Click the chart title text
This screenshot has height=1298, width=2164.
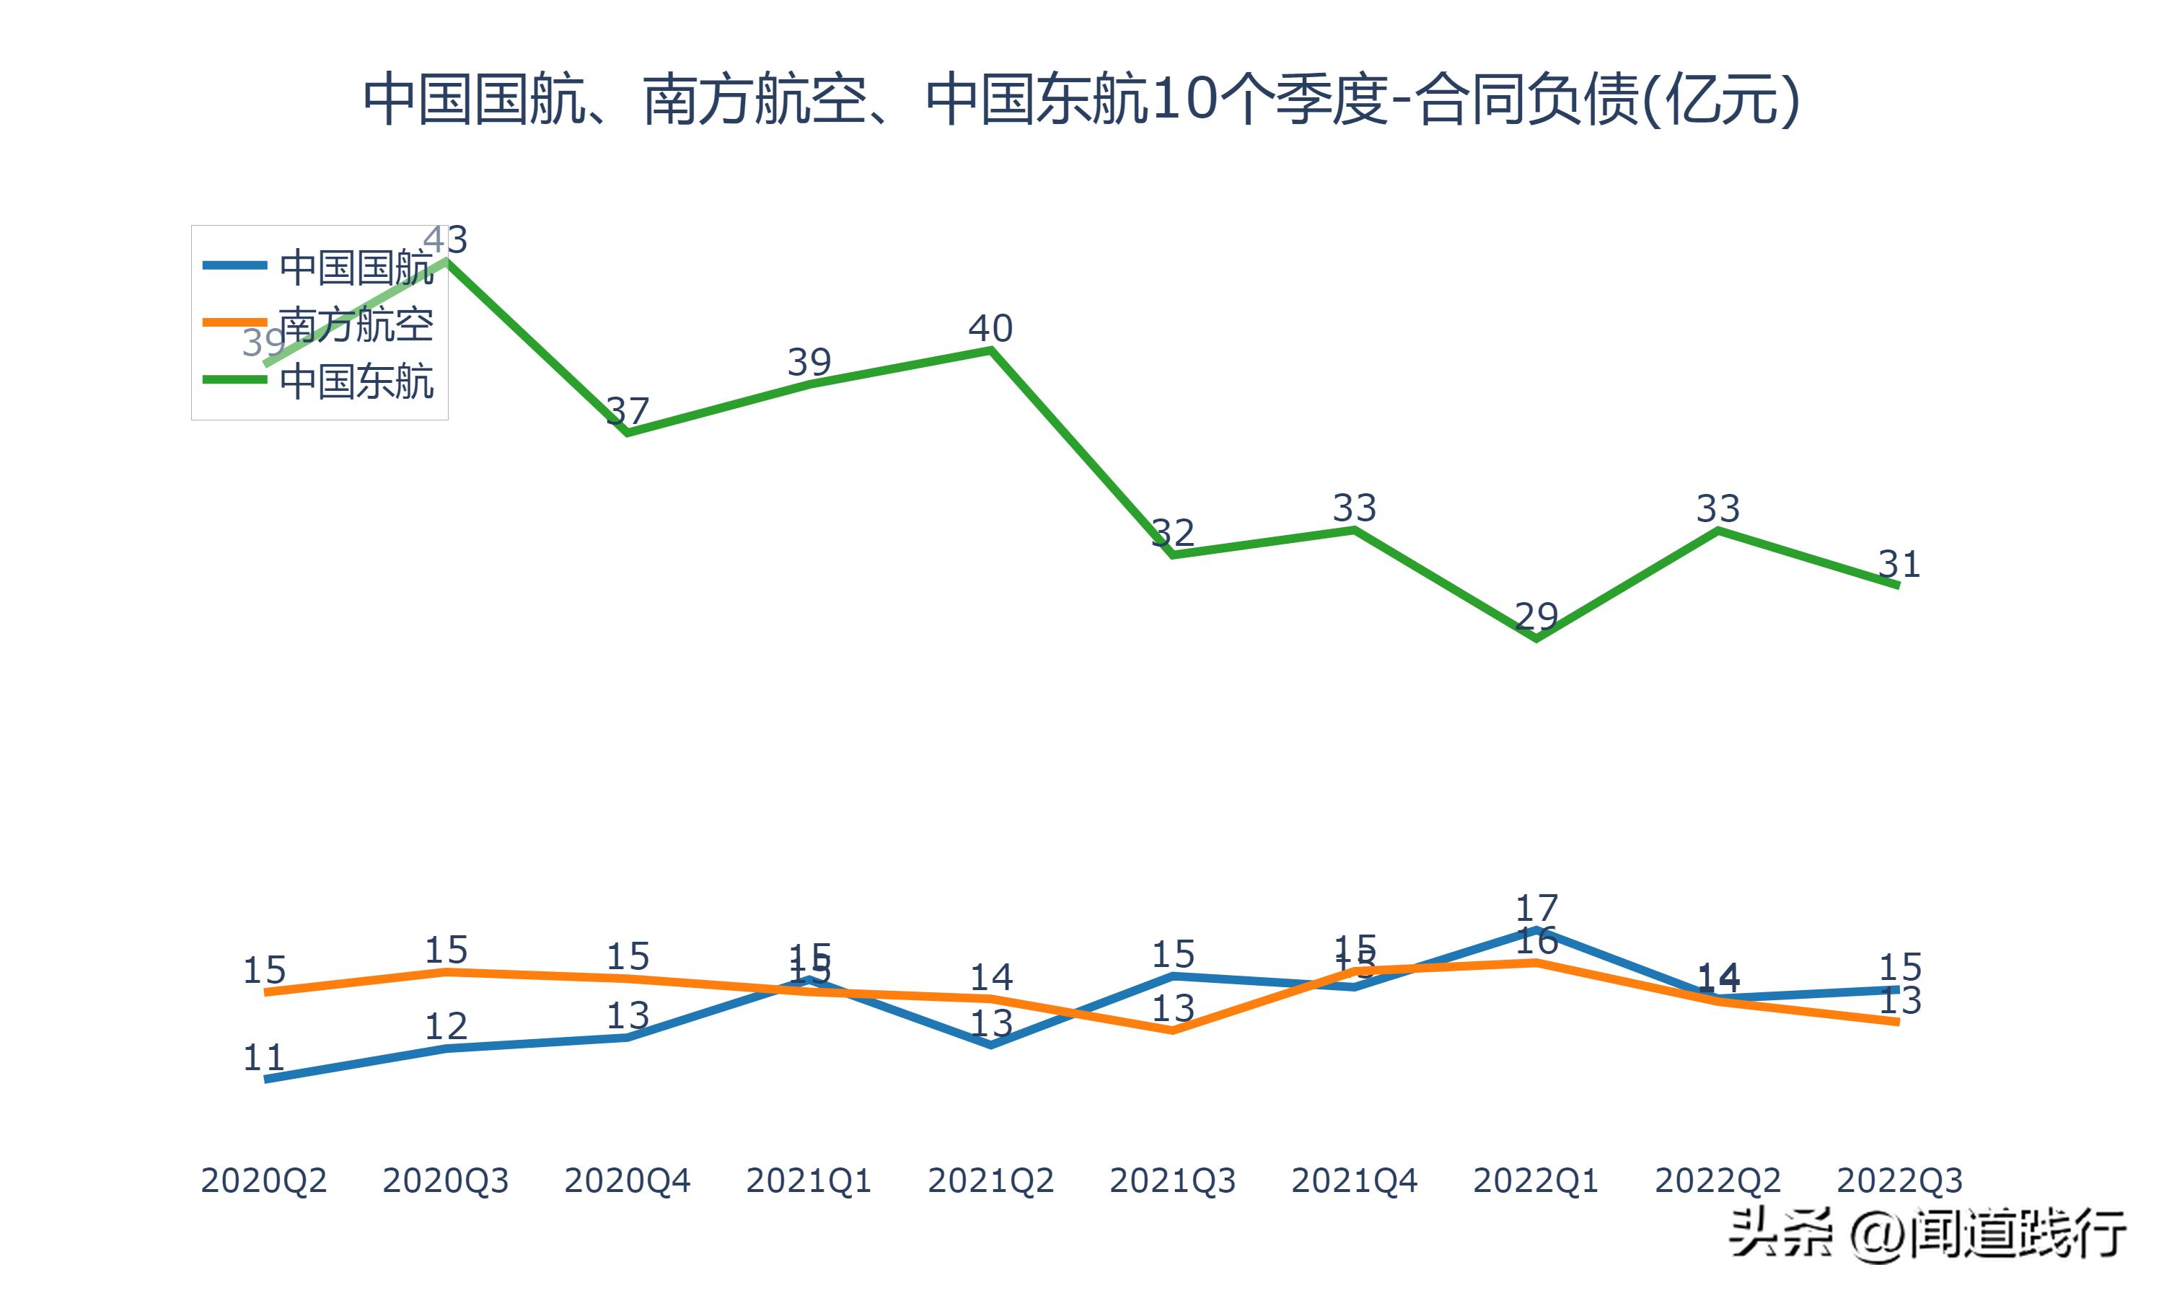click(1081, 99)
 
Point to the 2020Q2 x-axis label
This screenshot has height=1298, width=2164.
click(263, 1180)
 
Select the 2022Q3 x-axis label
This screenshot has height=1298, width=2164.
click(1899, 1180)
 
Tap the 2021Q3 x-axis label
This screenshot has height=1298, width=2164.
click(1172, 1180)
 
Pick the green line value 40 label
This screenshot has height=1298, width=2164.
click(990, 329)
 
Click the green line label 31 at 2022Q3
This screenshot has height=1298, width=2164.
click(1899, 564)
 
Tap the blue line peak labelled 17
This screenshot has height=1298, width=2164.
click(1536, 908)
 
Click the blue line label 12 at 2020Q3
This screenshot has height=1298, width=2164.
click(446, 1026)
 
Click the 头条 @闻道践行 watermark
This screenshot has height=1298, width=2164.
click(1929, 1234)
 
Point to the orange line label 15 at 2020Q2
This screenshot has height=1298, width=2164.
click(263, 970)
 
